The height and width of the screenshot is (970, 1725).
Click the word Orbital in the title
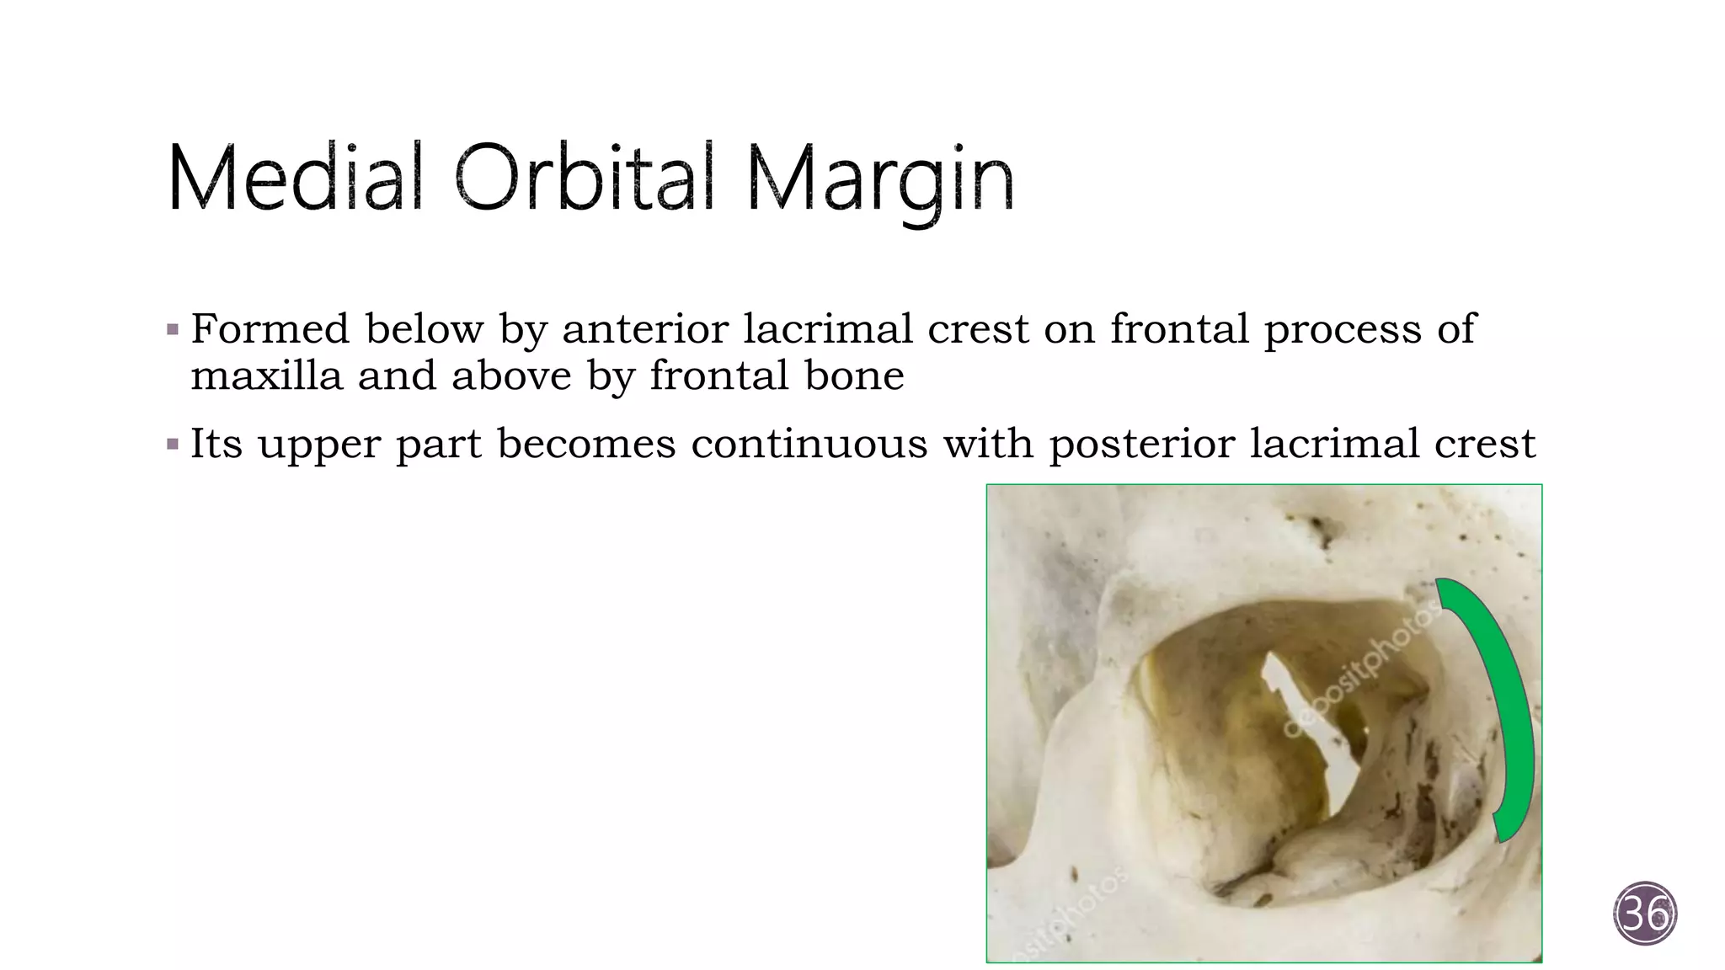584,178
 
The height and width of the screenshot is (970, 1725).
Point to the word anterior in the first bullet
645,328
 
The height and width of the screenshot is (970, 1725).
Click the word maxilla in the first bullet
266,376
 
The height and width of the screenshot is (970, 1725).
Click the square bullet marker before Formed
173,329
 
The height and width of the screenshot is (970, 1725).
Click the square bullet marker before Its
173,444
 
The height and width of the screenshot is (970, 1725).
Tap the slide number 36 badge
1645,914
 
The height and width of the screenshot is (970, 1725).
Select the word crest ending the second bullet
1485,444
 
